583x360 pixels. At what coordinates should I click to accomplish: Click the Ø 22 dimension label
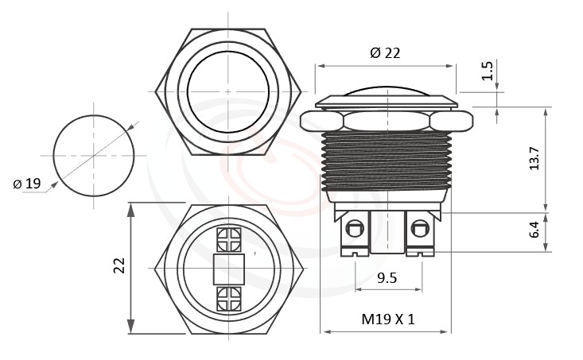[x=386, y=53]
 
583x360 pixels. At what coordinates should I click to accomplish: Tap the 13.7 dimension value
[x=535, y=159]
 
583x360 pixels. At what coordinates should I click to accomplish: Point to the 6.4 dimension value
[x=535, y=231]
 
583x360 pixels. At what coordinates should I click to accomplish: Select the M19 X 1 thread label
[x=388, y=319]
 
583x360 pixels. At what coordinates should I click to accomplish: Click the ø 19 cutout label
[x=27, y=184]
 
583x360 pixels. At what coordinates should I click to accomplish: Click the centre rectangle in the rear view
[x=228, y=269]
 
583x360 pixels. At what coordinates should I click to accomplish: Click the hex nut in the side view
[x=387, y=121]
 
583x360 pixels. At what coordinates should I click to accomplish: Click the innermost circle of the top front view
[x=228, y=93]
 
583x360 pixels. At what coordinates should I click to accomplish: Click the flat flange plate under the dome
[x=387, y=102]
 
